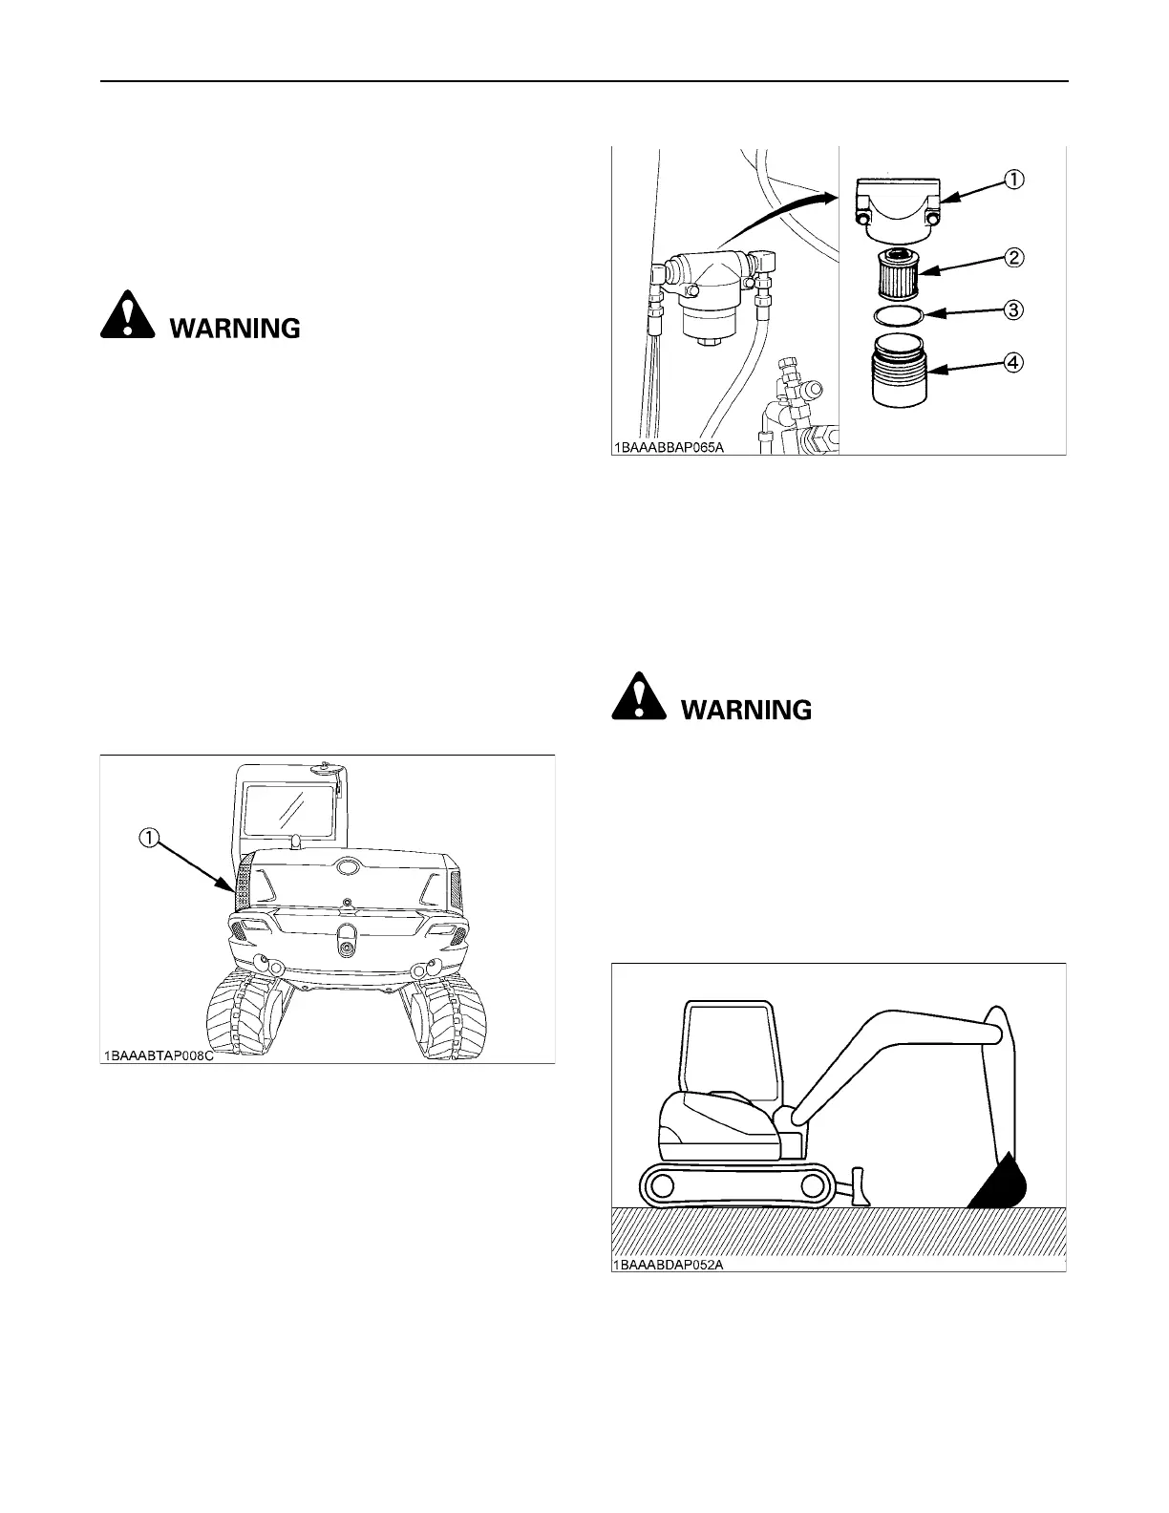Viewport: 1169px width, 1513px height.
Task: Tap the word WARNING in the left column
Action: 235,329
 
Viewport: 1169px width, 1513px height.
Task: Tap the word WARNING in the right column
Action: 746,711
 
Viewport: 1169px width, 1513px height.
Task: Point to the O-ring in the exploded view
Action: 898,314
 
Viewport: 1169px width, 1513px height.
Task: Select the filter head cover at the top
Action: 898,206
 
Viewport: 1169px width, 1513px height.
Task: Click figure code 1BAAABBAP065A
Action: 669,446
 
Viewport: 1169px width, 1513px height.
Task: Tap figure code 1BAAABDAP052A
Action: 669,1264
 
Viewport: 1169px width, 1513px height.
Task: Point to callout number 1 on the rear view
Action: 149,837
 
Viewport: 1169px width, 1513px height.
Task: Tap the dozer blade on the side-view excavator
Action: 857,1184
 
